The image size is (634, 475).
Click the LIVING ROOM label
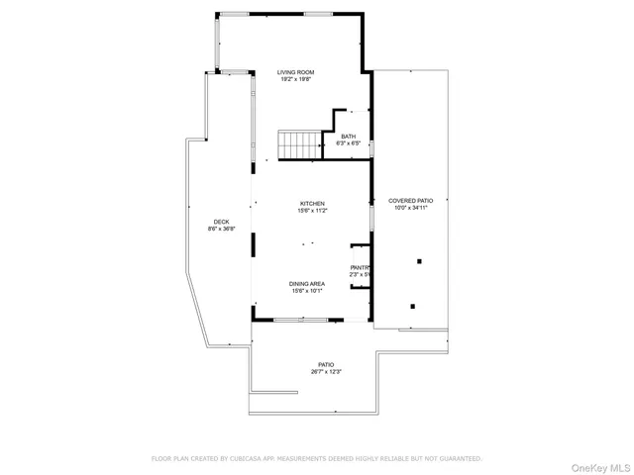click(x=295, y=72)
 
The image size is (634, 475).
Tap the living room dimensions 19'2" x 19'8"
click(x=295, y=81)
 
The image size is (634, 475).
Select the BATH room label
click(x=348, y=137)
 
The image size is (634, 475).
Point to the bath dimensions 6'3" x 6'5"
click(x=348, y=144)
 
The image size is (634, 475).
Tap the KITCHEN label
click(x=312, y=203)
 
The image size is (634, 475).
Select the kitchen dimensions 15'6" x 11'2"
click(x=312, y=211)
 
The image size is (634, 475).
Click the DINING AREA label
click(x=308, y=283)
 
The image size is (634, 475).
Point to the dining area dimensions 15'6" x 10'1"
click(x=308, y=291)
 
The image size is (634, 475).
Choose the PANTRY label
click(x=360, y=267)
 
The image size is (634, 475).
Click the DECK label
click(x=221, y=221)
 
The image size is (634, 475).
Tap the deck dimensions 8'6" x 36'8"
click(x=221, y=229)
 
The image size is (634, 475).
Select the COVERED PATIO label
click(x=410, y=200)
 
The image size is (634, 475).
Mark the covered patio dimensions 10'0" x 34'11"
click(x=410, y=208)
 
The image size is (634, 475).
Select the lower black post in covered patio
click(x=413, y=306)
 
